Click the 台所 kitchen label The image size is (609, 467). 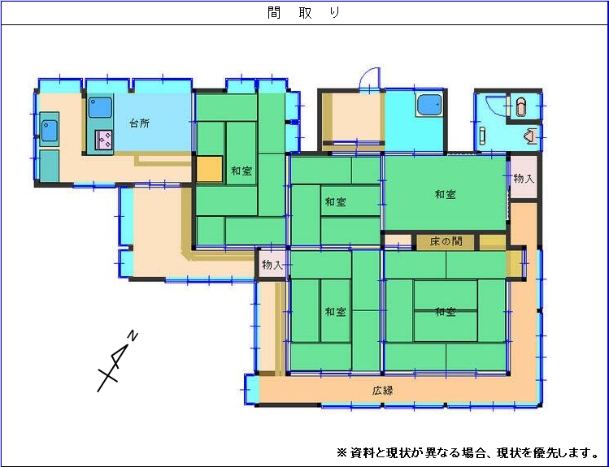pos(139,123)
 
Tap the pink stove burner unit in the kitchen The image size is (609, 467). pos(104,140)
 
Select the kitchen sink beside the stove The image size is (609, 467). pos(100,107)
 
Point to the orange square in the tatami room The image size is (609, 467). pos(209,170)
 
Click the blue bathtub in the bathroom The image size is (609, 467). pos(428,105)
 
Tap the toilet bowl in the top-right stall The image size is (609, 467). pos(520,106)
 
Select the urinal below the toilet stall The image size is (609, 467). pos(532,136)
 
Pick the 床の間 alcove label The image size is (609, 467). pos(446,241)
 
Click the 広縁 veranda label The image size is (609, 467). pos(382,391)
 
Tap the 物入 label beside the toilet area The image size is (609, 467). pos(524,179)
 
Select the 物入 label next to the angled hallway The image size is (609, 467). pos(272,265)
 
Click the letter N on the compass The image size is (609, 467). pos(133,335)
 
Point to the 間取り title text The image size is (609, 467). pos(304,13)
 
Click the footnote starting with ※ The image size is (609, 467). pos(468,452)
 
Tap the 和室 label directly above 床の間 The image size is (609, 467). pos(445,194)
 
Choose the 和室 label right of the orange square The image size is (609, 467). pos(241,171)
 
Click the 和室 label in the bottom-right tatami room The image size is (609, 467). pos(445,311)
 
